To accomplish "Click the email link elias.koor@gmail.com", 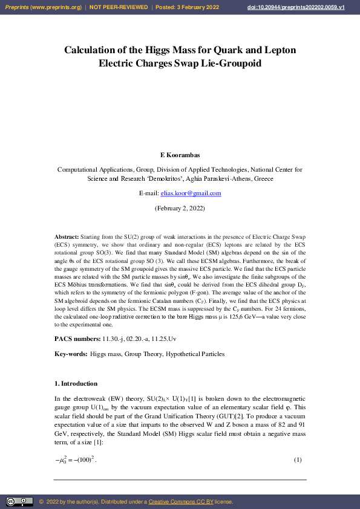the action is pyautogui.click(x=191, y=193).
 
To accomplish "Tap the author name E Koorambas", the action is pyautogui.click(x=180, y=155).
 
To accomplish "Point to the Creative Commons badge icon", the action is pyautogui.click(x=19, y=502).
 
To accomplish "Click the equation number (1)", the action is pyautogui.click(x=297, y=461).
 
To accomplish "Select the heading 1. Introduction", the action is pyautogui.click(x=76, y=383).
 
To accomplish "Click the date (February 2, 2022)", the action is pyautogui.click(x=180, y=208).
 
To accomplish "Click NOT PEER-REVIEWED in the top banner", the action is pyautogui.click(x=119, y=7).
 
